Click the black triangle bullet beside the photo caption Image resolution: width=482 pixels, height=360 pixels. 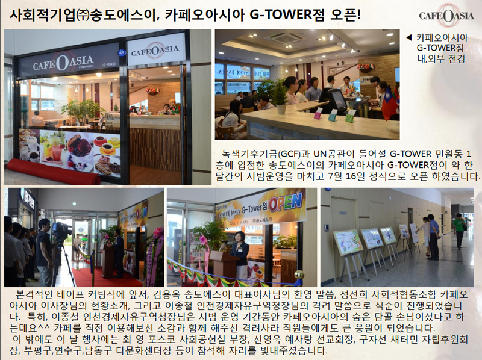(x=409, y=37)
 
